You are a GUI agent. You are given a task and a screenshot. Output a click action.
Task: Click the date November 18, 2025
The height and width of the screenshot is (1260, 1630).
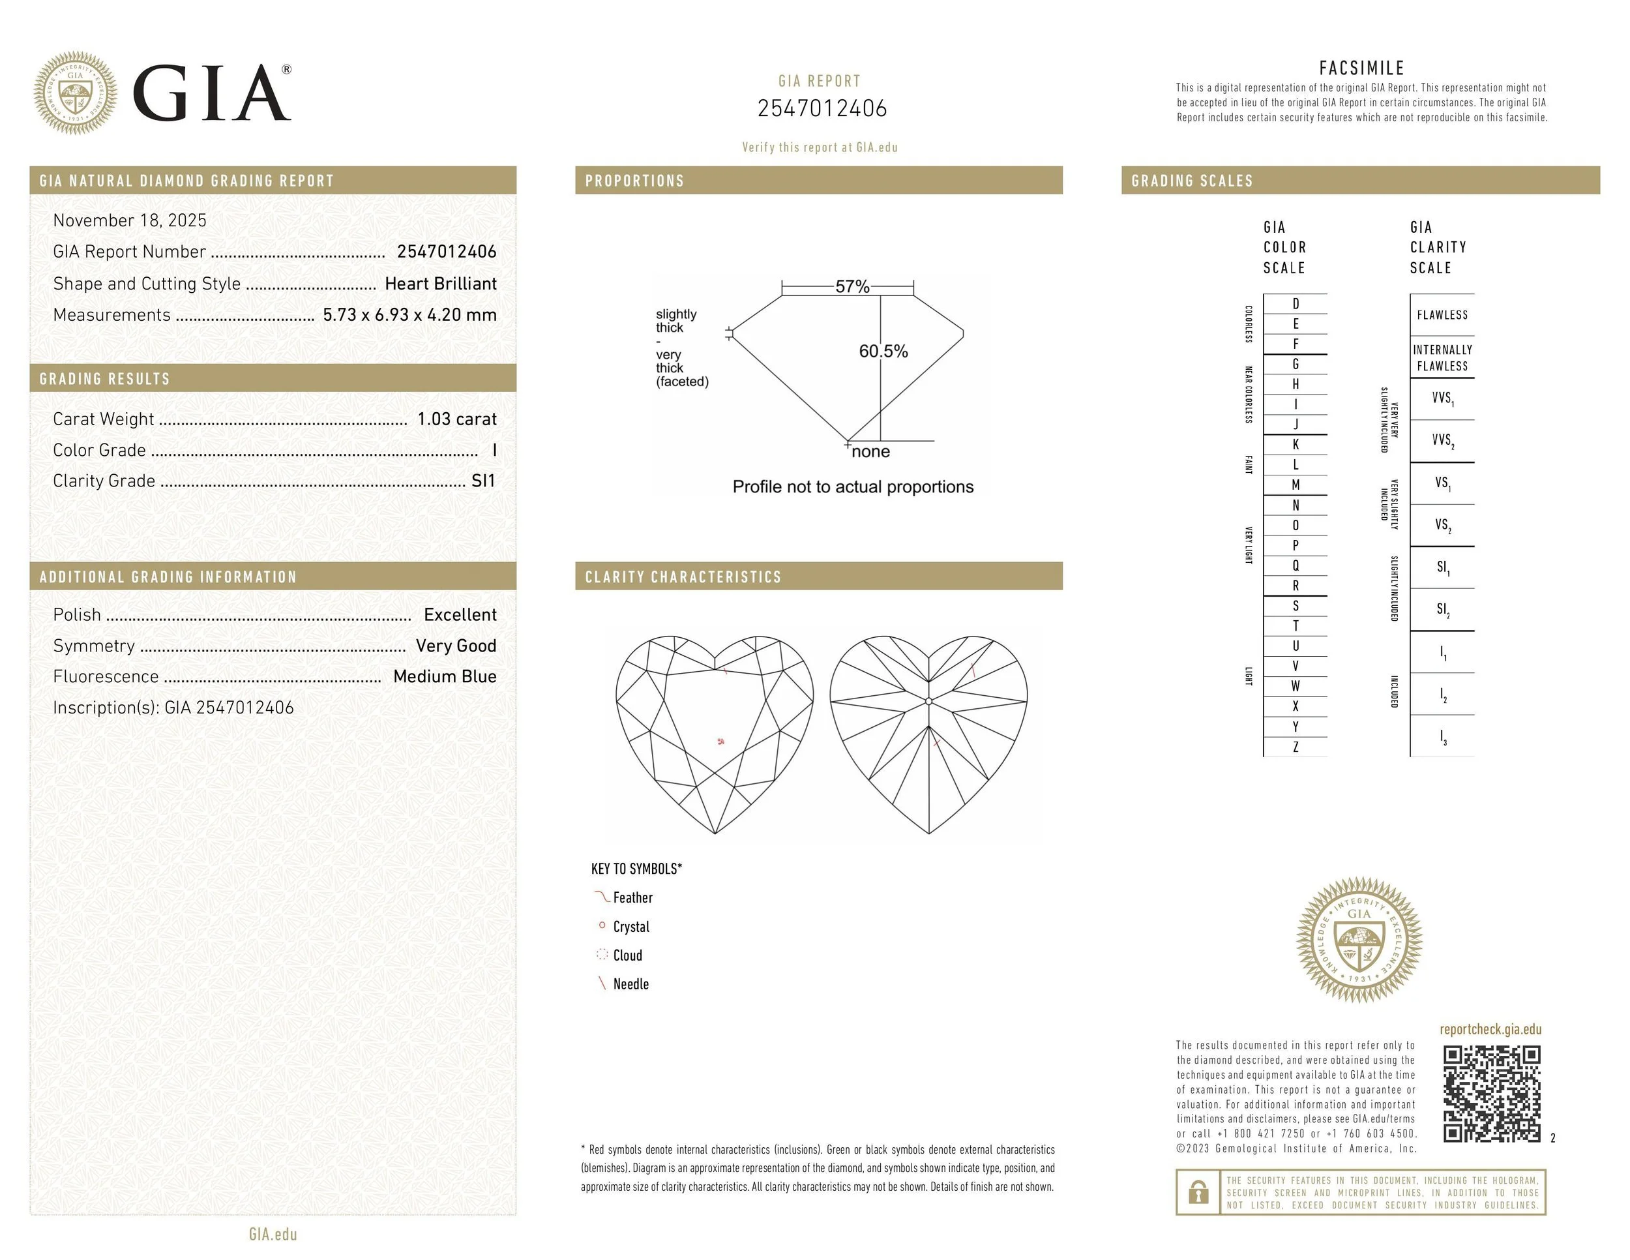[x=130, y=220]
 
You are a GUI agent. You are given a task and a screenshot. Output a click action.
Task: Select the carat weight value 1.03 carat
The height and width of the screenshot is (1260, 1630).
[x=457, y=419]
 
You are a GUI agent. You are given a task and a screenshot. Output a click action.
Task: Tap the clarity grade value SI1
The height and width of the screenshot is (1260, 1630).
[x=484, y=481]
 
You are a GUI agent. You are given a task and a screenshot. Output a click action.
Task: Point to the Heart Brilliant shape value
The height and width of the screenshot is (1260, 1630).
[x=440, y=284]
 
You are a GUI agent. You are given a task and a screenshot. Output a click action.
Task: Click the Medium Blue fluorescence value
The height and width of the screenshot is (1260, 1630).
[x=445, y=676]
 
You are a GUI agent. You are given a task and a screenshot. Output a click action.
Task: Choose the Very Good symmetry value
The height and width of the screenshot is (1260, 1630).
[x=456, y=646]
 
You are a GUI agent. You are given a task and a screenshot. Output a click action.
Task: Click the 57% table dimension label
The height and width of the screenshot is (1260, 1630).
[x=852, y=287]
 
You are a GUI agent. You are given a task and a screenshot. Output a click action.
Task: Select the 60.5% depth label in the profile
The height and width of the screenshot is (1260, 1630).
[x=883, y=351]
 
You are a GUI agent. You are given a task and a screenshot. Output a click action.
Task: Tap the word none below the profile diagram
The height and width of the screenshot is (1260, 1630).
[x=870, y=451]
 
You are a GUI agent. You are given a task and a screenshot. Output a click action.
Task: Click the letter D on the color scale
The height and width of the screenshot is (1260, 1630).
[x=1296, y=304]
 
